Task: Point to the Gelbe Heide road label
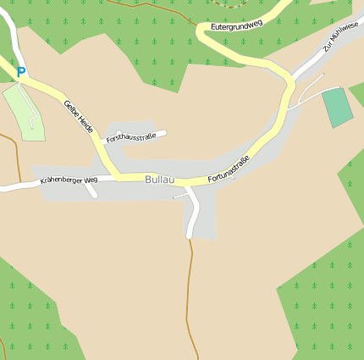coord(78,116)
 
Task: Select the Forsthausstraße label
coord(130,137)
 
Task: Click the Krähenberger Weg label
coord(69,180)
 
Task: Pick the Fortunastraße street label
coord(229,169)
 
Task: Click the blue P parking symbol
coord(21,73)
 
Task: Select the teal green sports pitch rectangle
coord(338,107)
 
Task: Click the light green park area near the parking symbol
coord(22,110)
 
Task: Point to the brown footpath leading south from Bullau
coord(190,288)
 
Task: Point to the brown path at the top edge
coord(135,7)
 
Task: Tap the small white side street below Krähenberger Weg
coord(92,191)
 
